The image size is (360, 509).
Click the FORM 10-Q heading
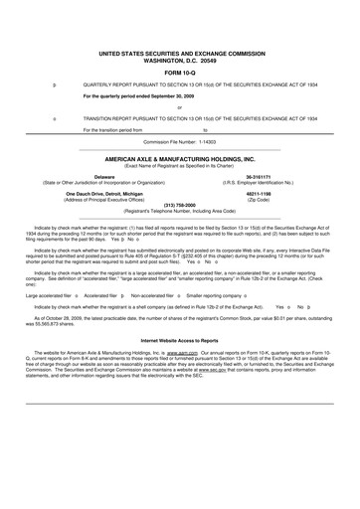point(179,73)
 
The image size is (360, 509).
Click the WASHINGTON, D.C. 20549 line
point(179,59)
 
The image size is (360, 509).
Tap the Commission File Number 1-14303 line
point(179,141)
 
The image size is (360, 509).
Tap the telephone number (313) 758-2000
point(179,207)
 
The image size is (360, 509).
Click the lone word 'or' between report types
point(179,107)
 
